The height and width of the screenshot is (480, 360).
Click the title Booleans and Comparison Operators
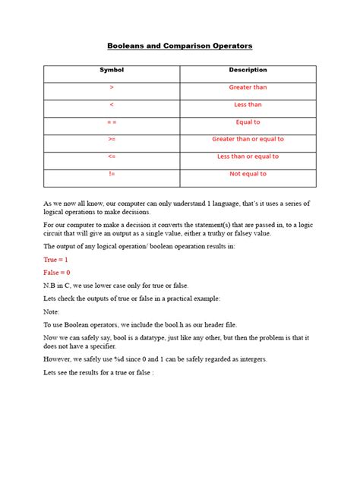179,46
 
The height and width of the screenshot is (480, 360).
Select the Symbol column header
112,71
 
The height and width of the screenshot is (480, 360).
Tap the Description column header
248,71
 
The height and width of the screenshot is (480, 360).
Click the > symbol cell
112,87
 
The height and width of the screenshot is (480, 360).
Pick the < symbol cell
112,105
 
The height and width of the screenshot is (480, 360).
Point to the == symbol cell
112,122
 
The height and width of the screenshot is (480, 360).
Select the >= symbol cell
112,140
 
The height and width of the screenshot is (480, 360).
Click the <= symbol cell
112,157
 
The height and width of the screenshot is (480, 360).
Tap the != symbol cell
112,174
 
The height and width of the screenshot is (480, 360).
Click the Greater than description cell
248,87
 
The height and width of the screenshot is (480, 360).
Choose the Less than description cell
248,105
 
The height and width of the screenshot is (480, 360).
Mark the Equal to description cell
248,122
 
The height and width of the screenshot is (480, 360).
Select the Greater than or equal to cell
248,140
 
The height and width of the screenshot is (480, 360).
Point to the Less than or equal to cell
248,157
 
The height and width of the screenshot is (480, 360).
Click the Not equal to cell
248,174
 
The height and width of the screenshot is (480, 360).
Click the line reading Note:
52,311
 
